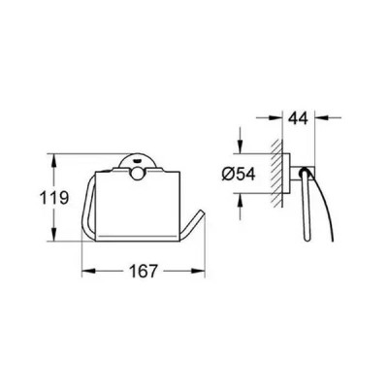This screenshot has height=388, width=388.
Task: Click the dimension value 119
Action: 54,198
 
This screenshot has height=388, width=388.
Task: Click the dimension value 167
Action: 144,271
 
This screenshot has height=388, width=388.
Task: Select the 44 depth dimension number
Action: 298,118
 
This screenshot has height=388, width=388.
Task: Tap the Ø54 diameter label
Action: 239,175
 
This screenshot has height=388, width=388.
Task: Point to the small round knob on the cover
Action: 137,174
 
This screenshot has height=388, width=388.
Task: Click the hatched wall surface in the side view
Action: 277,174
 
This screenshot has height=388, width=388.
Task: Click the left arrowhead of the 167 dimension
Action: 88,271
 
